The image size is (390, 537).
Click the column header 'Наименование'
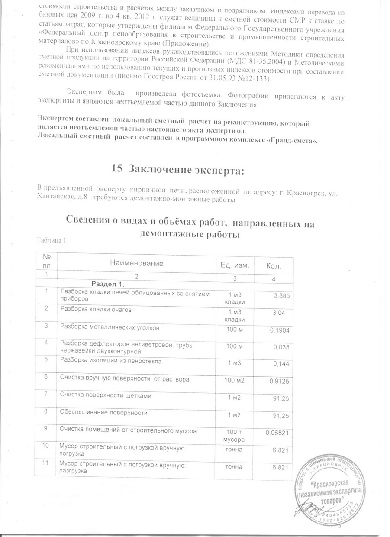(x=137, y=263)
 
